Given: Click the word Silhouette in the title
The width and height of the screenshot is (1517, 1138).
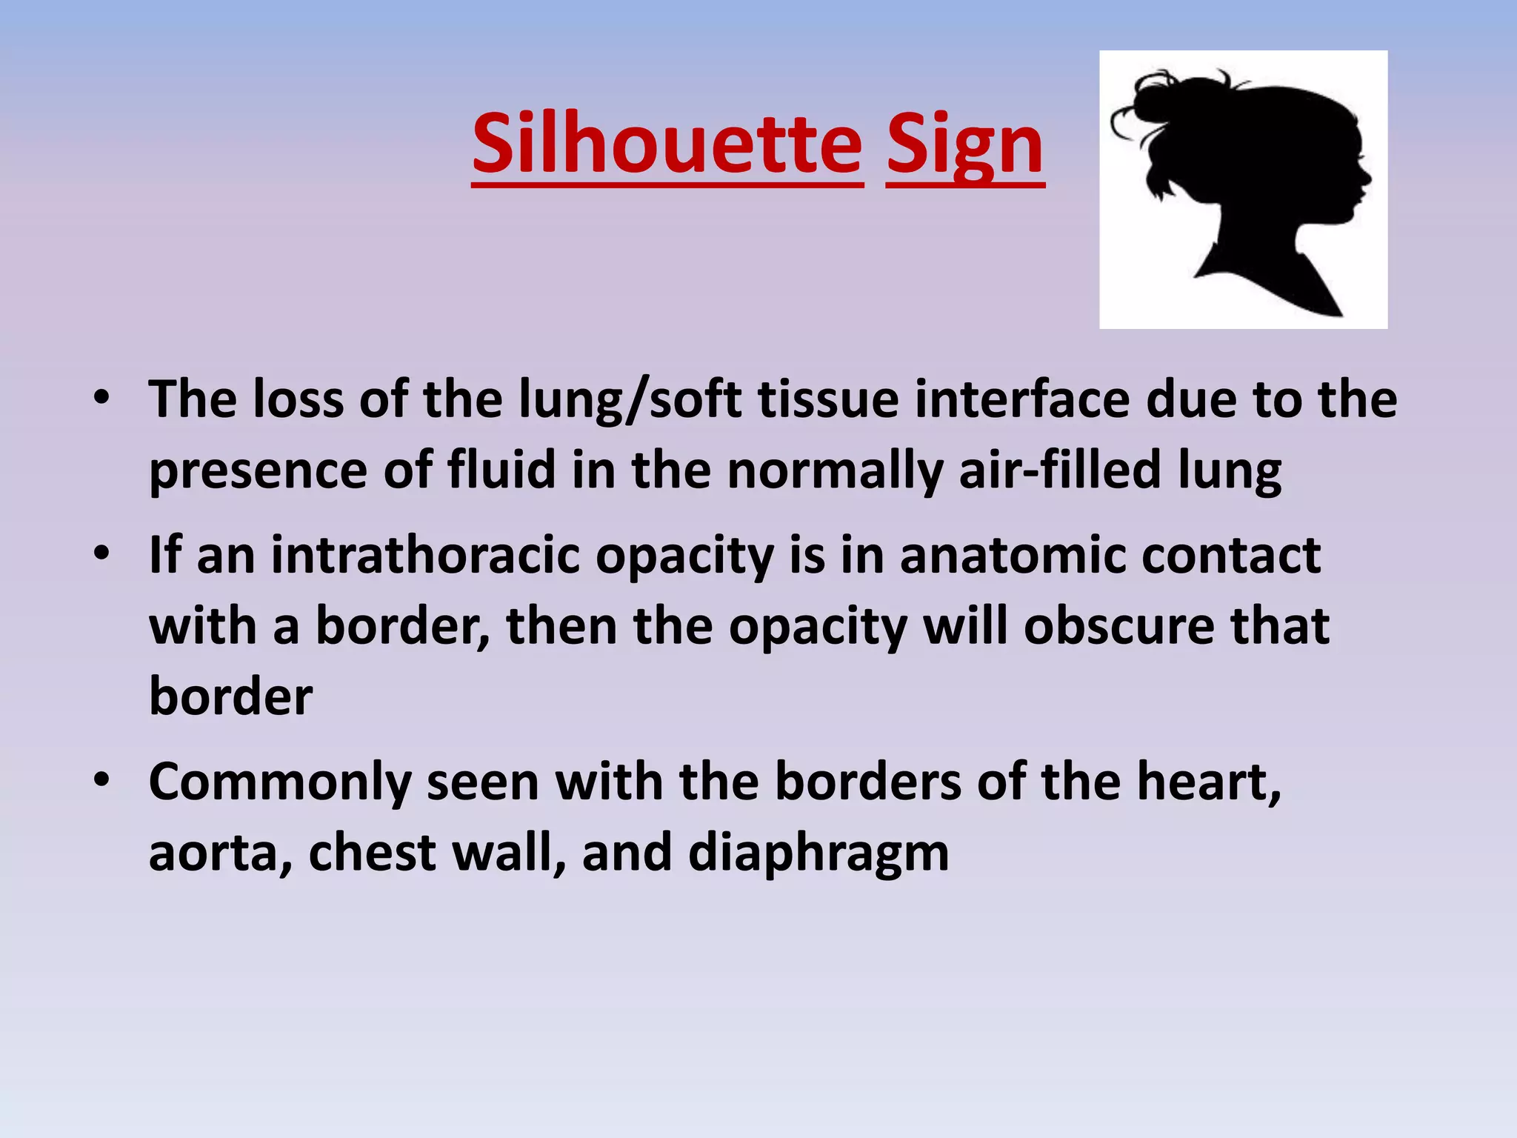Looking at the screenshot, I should click(x=667, y=144).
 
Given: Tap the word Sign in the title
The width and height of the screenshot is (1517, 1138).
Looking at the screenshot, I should click(x=965, y=144).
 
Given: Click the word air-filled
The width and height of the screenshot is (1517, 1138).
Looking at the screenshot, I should click(x=1059, y=471).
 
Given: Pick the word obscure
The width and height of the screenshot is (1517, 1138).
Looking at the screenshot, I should click(x=1118, y=627).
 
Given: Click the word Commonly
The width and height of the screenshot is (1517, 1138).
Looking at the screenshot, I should click(x=279, y=784).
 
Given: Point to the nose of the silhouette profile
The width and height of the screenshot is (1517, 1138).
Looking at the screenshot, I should click(x=1367, y=178).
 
